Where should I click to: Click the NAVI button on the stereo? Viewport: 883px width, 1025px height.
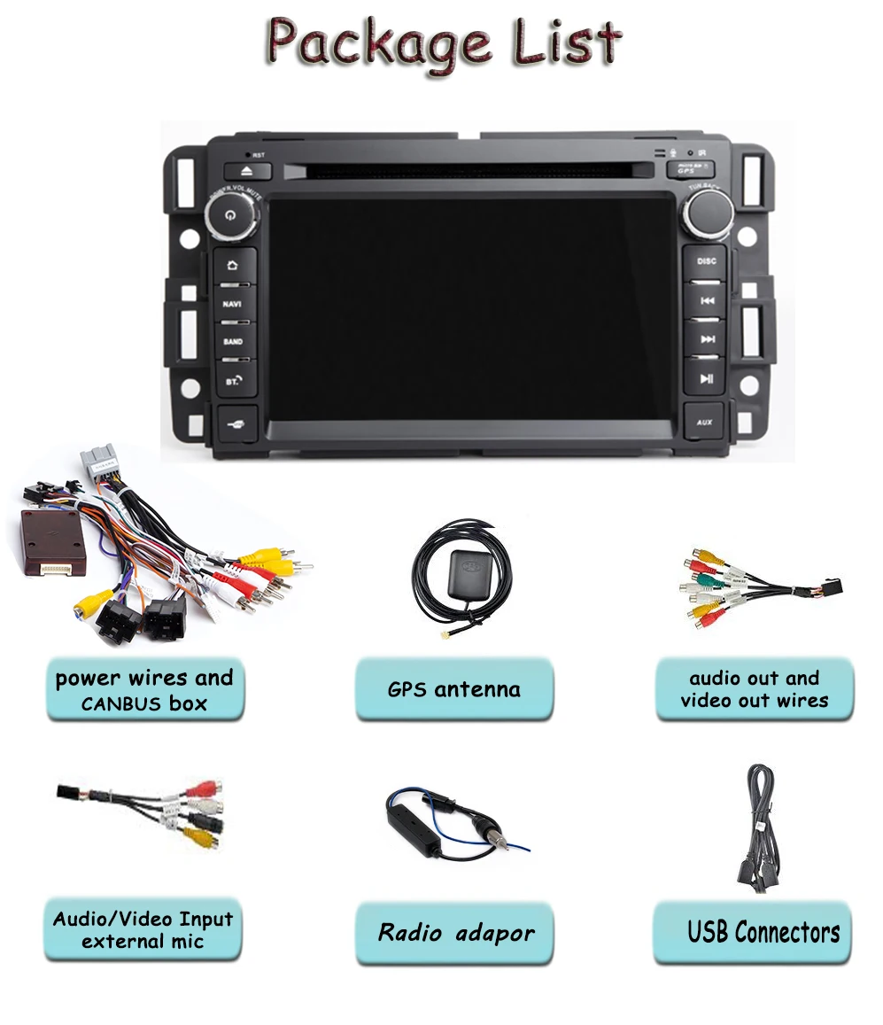click(233, 303)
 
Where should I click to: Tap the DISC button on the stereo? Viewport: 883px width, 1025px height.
click(706, 261)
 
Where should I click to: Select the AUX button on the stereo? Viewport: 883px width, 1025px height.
click(705, 422)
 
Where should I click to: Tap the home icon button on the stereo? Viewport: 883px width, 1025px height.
click(233, 264)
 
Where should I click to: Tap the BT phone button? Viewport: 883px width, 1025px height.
click(233, 379)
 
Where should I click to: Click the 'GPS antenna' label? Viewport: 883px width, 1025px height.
click(453, 688)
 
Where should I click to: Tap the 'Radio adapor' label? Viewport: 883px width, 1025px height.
click(455, 933)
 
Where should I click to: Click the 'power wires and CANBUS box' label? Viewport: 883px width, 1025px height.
click(143, 690)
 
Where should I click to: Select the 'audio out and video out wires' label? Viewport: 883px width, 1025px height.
click(754, 688)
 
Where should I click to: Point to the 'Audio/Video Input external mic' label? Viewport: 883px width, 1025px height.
click(143, 929)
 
